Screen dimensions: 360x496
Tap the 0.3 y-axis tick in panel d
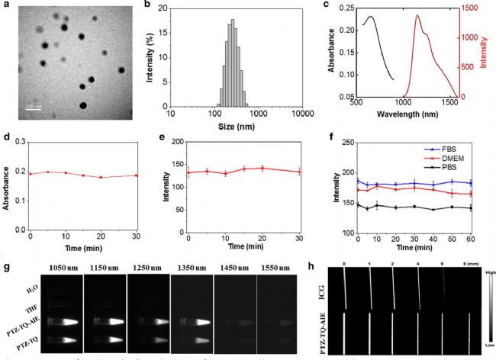19,142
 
